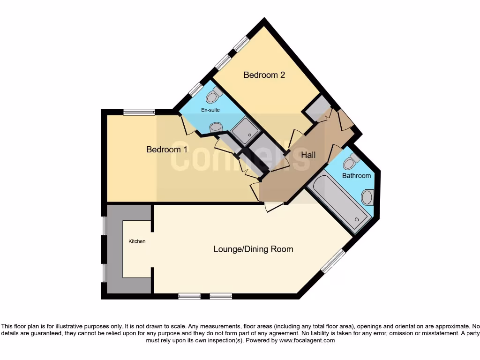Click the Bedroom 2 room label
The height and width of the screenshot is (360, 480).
[264, 75]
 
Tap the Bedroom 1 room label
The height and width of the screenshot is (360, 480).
[167, 150]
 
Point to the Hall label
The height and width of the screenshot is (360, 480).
[308, 155]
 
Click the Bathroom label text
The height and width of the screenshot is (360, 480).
[356, 176]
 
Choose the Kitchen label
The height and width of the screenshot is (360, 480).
[137, 241]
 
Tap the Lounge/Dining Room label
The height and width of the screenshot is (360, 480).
[253, 249]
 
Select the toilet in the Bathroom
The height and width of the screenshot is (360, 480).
[350, 162]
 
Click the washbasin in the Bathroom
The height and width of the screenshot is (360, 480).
[368, 197]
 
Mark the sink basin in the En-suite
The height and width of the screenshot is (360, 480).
[217, 127]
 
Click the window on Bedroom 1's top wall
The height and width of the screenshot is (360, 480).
[139, 112]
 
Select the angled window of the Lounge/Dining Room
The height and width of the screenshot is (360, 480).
[333, 261]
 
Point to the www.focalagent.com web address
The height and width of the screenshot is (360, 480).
[307, 340]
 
